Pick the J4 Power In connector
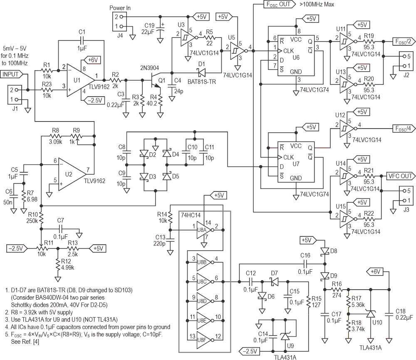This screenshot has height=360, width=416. pyautogui.click(x=119, y=21)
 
